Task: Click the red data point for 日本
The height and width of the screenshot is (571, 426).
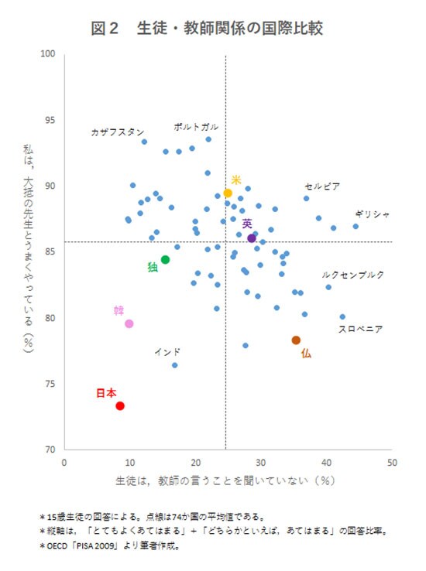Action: click(120, 405)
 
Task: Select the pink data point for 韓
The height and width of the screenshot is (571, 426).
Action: click(129, 323)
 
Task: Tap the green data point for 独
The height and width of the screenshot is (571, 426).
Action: click(165, 259)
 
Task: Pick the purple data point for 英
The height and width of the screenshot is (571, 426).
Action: click(252, 238)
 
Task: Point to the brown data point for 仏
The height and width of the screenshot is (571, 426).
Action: click(296, 340)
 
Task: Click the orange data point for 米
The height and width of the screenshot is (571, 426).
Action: click(228, 193)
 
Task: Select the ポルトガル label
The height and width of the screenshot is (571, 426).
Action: click(196, 126)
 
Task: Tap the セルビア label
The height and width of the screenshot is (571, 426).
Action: click(322, 186)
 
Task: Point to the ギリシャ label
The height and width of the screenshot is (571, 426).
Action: click(373, 214)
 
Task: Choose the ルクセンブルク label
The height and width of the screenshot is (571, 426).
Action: click(352, 275)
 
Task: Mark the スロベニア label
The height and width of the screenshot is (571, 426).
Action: click(361, 329)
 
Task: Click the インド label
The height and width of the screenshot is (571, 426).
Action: click(167, 352)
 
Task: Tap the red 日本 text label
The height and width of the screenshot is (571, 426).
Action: click(106, 393)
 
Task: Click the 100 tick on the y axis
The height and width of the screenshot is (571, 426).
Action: click(49, 54)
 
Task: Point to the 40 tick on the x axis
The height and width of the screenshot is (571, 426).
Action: click(327, 463)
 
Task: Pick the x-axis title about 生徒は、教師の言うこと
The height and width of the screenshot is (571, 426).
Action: click(225, 480)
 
